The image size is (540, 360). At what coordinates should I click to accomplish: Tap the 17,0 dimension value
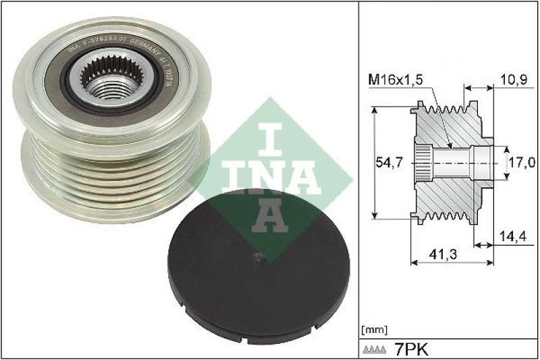tap(522, 163)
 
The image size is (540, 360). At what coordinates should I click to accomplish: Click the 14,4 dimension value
tap(519, 236)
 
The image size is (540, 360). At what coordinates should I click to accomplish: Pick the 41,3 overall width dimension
tap(443, 255)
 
